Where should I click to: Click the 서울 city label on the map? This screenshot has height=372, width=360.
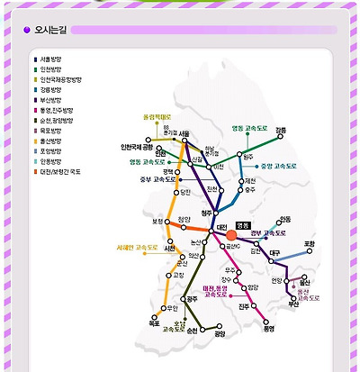click(184, 133)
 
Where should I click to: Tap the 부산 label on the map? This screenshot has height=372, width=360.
click(292, 304)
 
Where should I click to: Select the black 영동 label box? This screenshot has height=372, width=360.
click(241, 224)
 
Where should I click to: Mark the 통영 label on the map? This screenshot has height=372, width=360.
click(268, 329)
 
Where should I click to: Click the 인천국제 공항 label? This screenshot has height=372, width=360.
click(138, 146)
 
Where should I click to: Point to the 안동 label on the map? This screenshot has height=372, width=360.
click(284, 219)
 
